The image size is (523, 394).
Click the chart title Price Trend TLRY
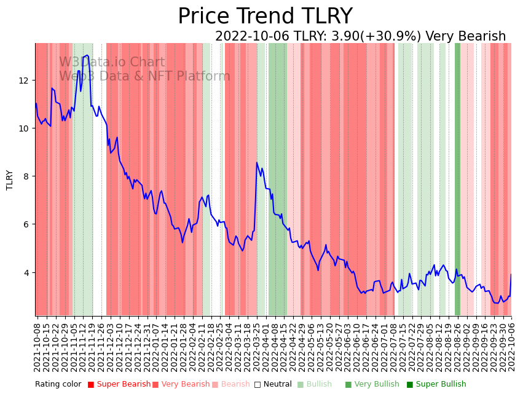pos(265,17)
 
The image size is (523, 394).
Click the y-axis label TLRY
pos(10,179)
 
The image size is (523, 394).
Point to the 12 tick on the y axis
pos(24,81)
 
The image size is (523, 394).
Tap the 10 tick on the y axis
pos(24,128)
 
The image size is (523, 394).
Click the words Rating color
pos(58,385)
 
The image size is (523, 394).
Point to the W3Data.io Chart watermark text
pos(112,63)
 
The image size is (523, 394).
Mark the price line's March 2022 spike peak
pos(257,162)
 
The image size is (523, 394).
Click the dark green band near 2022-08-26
pos(457,178)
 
